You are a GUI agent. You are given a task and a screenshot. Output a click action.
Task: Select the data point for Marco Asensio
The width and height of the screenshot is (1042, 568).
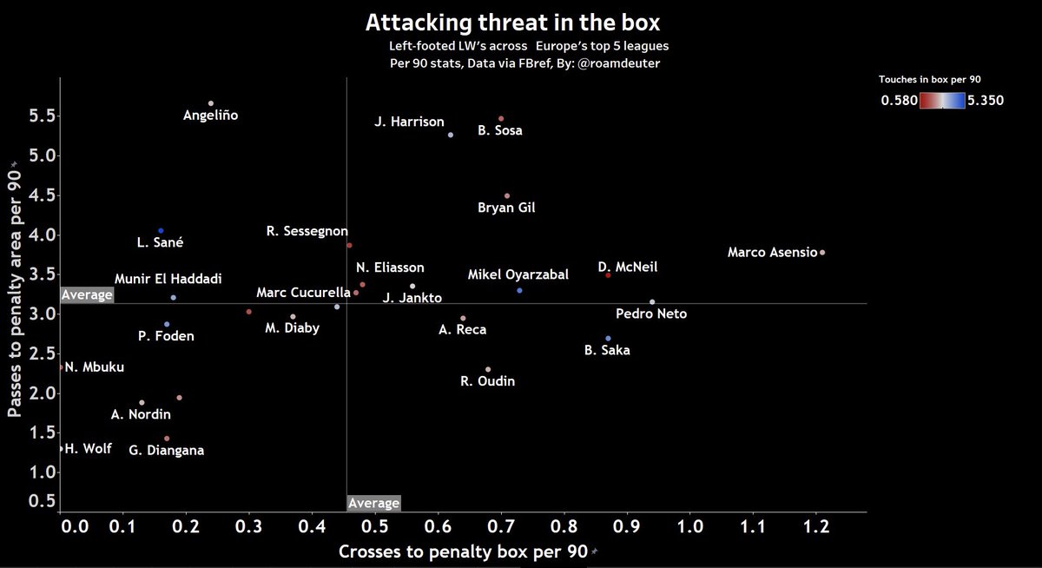click(x=822, y=253)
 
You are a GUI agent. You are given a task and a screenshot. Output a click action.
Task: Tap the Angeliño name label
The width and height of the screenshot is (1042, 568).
click(x=210, y=115)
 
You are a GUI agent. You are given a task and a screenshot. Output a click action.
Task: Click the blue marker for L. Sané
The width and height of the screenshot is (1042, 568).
click(x=161, y=231)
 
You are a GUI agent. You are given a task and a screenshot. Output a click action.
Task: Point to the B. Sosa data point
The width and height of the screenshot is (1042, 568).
click(x=501, y=119)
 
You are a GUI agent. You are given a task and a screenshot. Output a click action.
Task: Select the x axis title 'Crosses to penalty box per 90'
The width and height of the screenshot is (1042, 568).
click(x=462, y=551)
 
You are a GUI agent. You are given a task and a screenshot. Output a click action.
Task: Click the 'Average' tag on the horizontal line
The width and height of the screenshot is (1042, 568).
click(x=87, y=295)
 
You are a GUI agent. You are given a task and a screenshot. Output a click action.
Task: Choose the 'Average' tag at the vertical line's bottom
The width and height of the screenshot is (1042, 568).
click(x=373, y=503)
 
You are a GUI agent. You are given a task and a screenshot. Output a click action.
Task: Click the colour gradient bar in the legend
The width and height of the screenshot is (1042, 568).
click(x=943, y=101)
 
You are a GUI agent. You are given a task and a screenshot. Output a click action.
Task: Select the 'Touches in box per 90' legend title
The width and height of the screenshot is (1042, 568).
click(x=929, y=79)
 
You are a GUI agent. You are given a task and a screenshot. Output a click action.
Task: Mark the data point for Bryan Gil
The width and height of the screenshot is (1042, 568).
click(x=507, y=196)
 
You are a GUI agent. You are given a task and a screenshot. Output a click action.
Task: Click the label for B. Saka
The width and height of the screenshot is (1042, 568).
click(x=607, y=351)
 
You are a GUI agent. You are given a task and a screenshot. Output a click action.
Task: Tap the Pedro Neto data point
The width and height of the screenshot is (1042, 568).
click(x=652, y=302)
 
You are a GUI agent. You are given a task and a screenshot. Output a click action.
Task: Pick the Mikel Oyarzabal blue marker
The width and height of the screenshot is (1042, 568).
click(x=519, y=290)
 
